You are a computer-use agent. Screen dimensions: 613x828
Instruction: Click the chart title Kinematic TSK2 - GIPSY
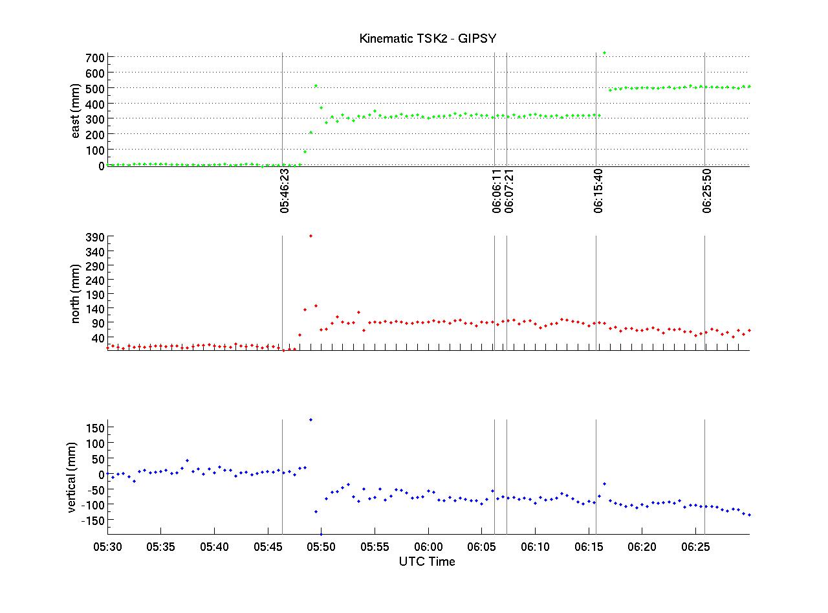pyautogui.click(x=428, y=39)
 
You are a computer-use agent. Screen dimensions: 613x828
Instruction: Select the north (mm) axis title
pyautogui.click(x=76, y=294)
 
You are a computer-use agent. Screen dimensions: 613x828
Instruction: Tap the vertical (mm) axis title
pyautogui.click(x=71, y=478)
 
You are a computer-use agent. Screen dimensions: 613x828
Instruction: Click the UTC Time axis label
pyautogui.click(x=427, y=561)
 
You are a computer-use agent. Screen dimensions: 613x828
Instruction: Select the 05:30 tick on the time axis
pyautogui.click(x=107, y=547)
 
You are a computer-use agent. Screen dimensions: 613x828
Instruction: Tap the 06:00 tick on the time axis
pyautogui.click(x=428, y=547)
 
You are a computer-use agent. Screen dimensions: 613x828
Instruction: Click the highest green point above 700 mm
pyautogui.click(x=604, y=53)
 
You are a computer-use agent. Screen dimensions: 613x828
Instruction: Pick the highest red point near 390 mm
pyautogui.click(x=310, y=236)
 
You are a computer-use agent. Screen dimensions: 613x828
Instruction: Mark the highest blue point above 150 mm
pyautogui.click(x=310, y=420)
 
